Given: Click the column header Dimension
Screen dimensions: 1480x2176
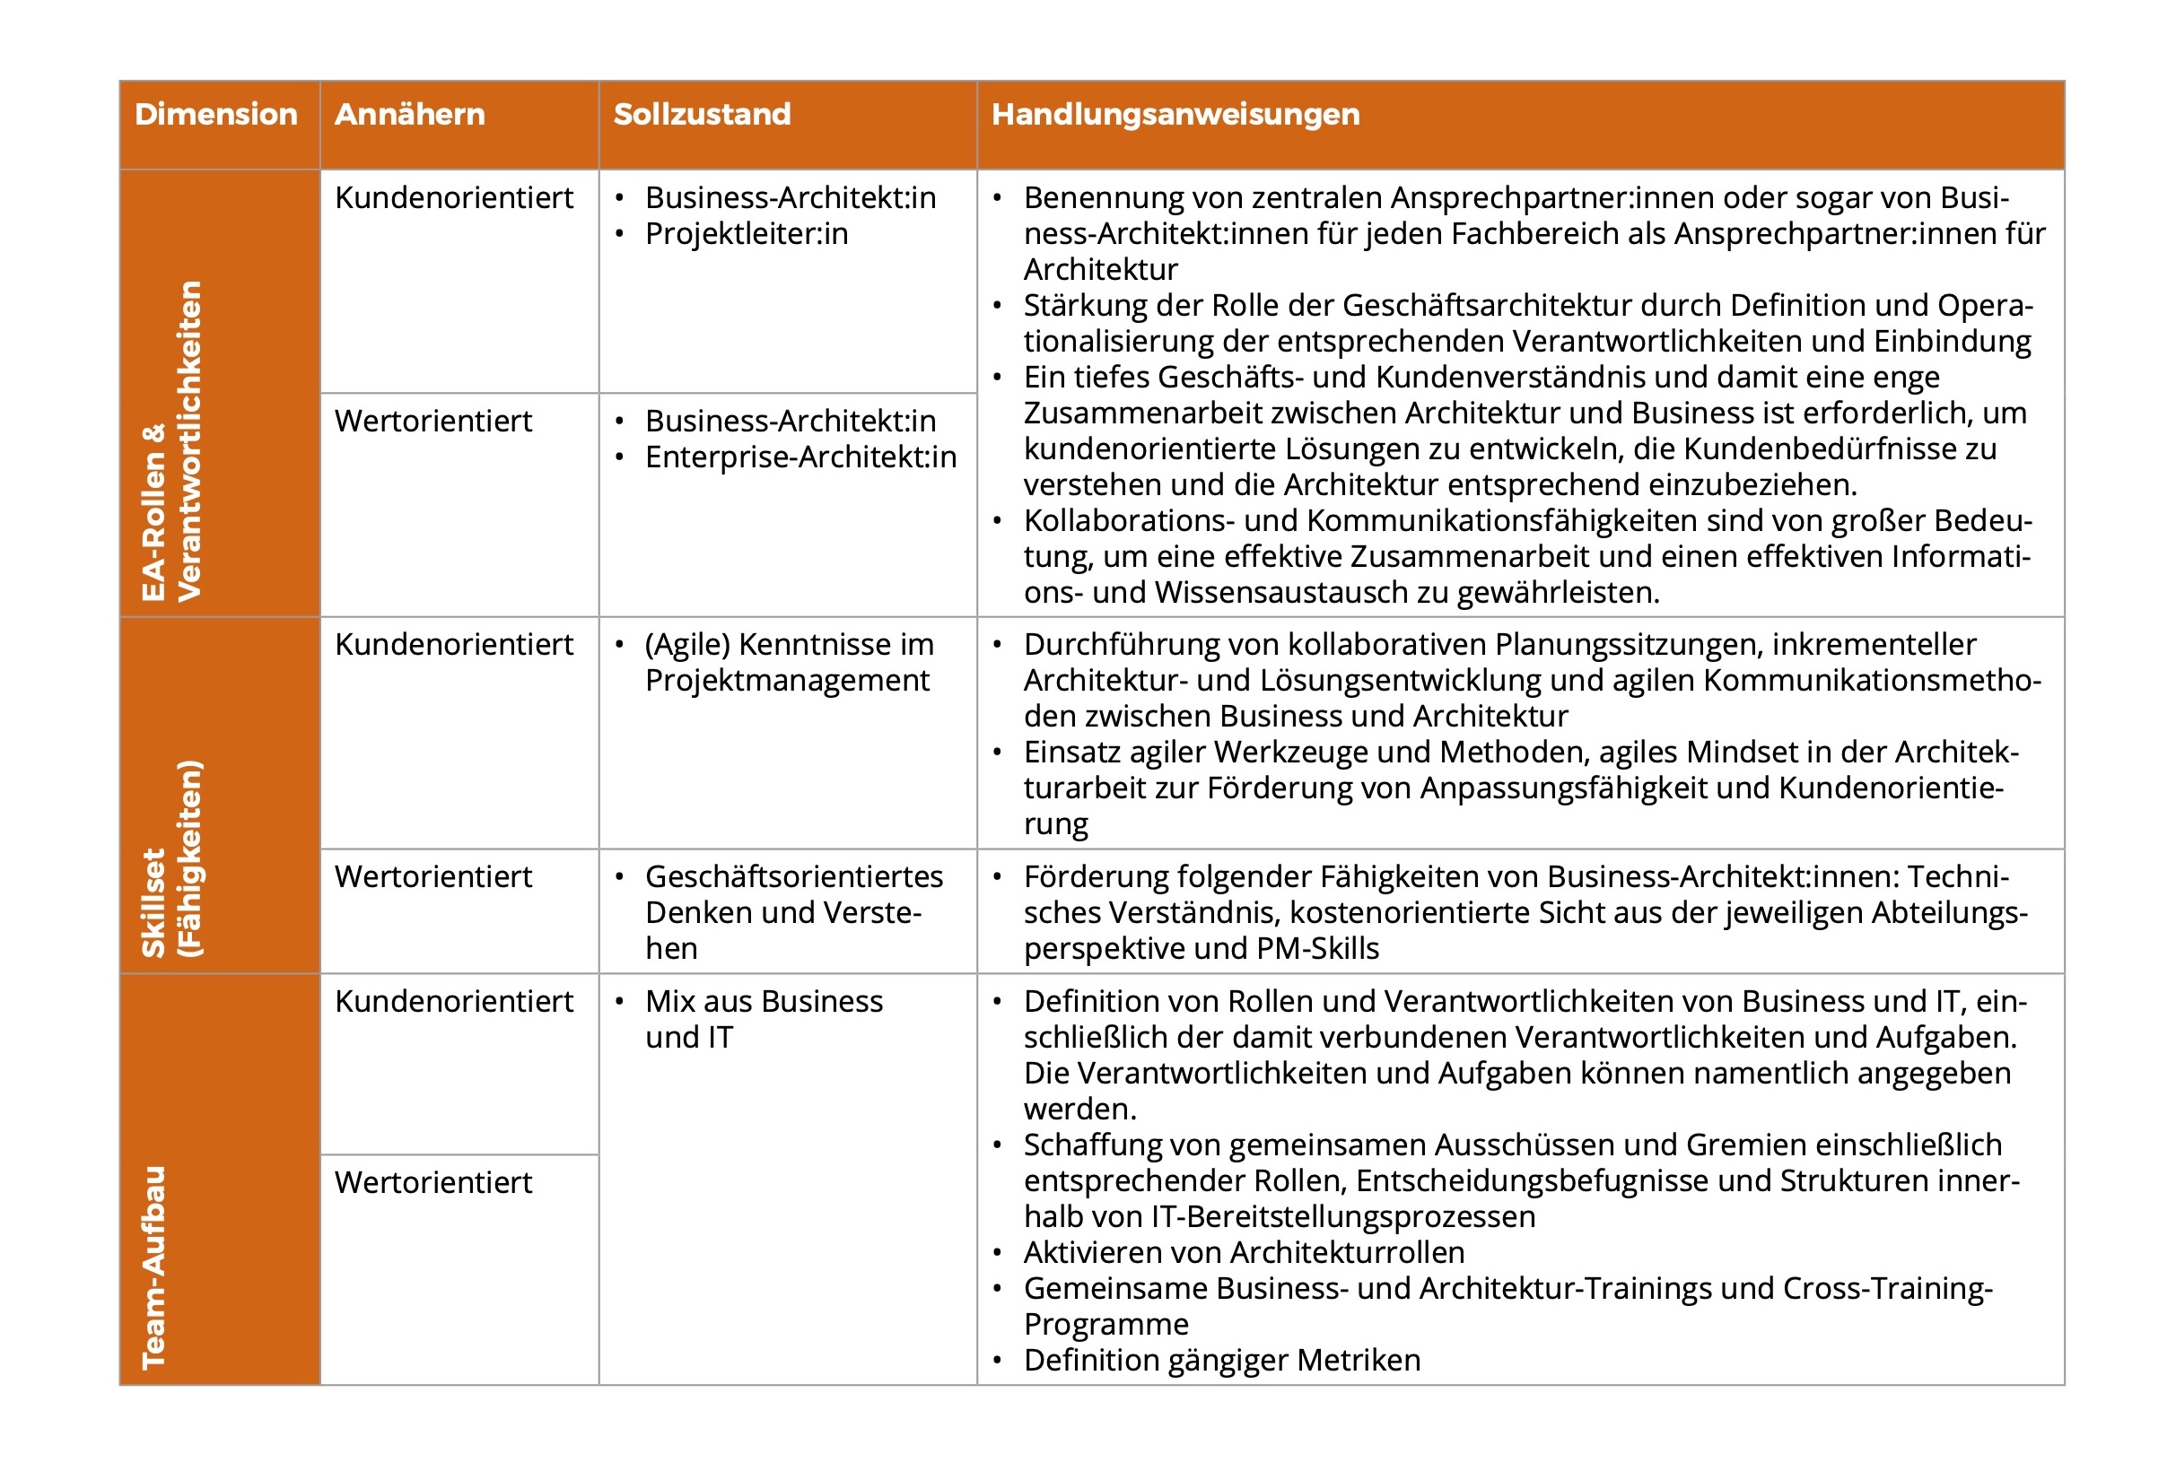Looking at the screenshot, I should coord(215,114).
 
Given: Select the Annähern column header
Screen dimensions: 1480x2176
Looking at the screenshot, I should coord(409,114).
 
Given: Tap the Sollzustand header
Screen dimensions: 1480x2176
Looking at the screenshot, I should coord(702,114).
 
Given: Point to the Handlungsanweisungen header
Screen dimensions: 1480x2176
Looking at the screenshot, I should coord(1175,114).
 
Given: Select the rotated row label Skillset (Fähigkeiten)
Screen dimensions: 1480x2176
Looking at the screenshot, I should coord(171,858).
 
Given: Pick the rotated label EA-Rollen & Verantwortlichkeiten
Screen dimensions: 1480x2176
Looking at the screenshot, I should coord(171,440).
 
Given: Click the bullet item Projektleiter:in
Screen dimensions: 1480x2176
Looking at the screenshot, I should coord(747,234).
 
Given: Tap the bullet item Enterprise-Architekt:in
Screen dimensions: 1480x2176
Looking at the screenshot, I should coord(800,457).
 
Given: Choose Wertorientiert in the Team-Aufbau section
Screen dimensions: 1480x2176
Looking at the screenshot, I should coord(433,1182).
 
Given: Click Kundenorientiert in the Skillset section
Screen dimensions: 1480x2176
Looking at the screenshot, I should coord(454,645).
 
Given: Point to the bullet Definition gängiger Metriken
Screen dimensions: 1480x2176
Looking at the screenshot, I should coord(1221,1360).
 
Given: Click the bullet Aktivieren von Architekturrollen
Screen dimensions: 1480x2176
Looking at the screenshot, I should coord(1244,1252).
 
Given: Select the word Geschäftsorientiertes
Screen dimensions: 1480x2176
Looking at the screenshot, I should coord(794,877).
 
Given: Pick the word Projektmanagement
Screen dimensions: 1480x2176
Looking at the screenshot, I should coord(787,681).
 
